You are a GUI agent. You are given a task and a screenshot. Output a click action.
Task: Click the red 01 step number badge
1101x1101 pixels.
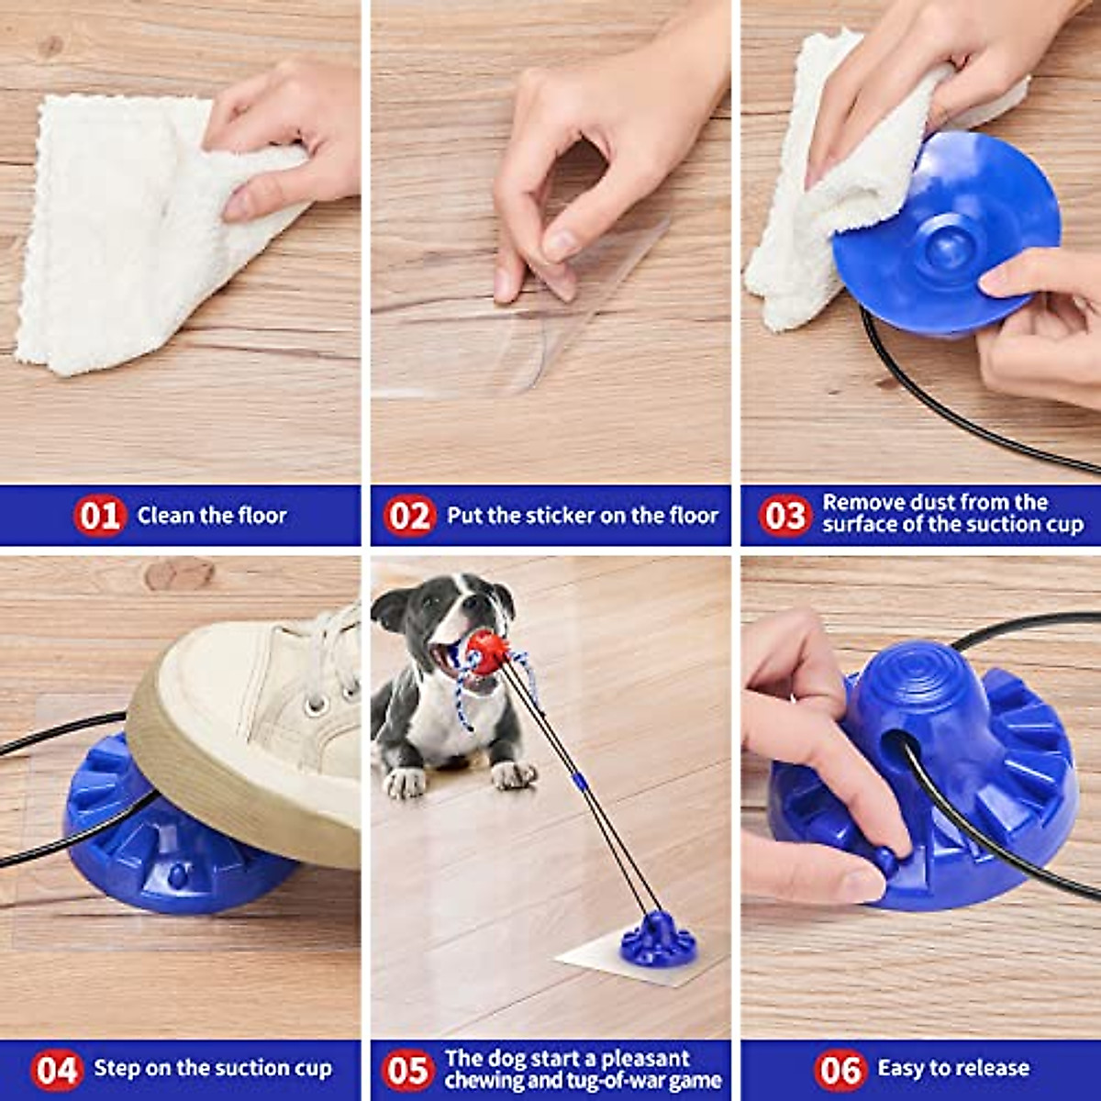98,516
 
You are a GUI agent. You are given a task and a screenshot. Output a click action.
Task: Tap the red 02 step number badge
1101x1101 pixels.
408,516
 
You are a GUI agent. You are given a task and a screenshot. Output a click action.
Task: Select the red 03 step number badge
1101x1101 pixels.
784,516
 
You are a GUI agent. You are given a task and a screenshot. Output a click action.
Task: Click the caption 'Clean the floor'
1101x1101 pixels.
212,516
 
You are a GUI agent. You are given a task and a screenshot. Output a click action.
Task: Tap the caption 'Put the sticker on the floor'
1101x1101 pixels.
582,516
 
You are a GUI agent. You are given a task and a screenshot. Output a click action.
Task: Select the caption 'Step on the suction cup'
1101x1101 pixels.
213,1069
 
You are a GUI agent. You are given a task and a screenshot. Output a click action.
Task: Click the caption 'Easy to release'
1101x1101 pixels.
953,1069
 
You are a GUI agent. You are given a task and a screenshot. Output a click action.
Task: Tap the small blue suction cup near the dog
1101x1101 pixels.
657,938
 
